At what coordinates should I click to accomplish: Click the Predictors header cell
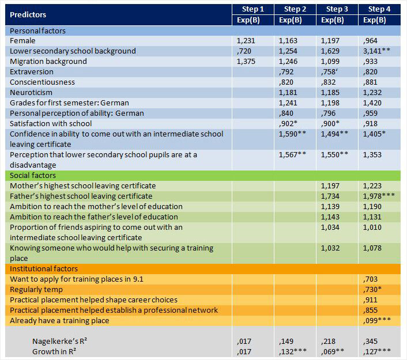click(28, 14)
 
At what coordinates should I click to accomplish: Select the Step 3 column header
click(337, 9)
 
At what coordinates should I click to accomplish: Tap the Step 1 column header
click(253, 9)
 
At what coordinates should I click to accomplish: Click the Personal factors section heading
click(37, 31)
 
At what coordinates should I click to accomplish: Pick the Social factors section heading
click(33, 175)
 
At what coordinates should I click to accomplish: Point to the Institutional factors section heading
click(44, 268)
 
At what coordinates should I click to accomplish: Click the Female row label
click(22, 41)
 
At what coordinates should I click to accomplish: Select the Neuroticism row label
click(31, 92)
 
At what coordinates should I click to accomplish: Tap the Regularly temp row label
click(36, 289)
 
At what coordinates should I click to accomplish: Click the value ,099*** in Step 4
click(378, 320)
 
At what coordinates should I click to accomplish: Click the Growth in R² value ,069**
click(334, 351)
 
